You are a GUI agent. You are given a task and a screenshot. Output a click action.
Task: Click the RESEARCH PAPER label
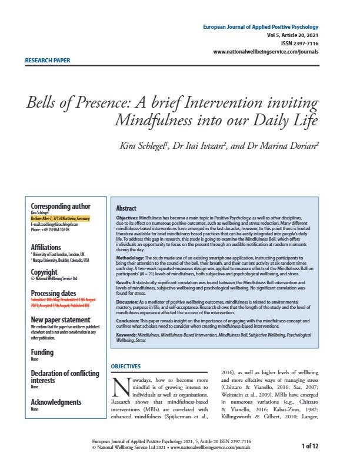tap(48, 61)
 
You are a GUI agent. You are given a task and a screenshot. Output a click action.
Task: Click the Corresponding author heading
tap(61, 206)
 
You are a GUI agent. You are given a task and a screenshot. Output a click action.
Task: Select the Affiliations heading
tap(46, 247)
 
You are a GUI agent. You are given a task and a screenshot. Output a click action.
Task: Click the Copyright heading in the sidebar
tap(44, 272)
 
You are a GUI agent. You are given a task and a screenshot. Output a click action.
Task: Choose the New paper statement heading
tap(63, 319)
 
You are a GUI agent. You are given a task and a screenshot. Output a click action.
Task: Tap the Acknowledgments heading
tap(56, 402)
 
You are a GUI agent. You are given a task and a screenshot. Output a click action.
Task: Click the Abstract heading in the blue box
tap(126, 208)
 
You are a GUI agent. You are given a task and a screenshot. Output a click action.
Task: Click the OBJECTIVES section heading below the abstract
tap(126, 366)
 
